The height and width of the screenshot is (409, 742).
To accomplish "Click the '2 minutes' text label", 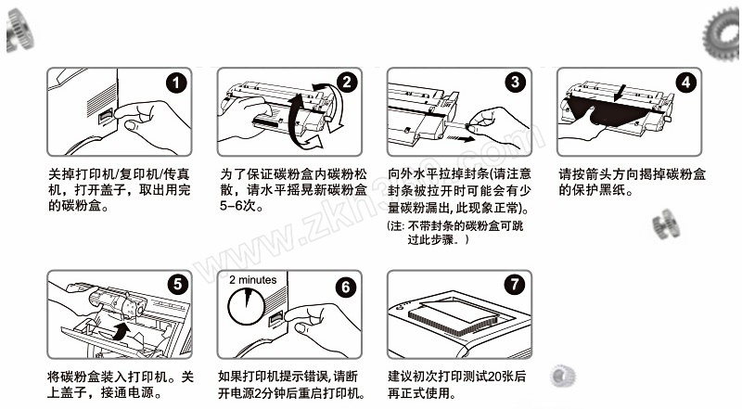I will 252,279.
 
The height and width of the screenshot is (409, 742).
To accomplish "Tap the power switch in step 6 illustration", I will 275,320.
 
